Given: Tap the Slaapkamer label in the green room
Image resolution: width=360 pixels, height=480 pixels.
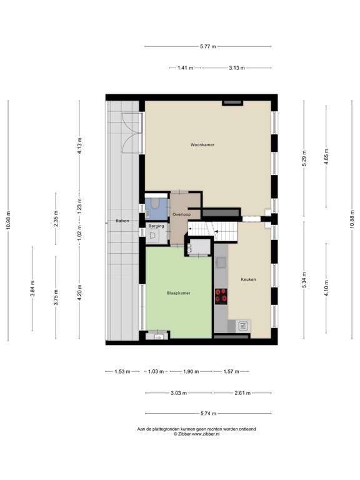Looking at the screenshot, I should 178,292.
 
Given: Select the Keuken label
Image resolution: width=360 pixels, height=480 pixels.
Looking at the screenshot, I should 249,279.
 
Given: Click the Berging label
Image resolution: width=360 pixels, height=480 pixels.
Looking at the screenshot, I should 156,226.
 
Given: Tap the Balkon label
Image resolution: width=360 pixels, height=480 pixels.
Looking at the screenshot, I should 122,221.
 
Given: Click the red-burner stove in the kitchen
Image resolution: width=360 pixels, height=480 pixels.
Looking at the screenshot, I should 221,295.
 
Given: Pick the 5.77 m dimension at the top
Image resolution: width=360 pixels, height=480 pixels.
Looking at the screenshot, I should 207,46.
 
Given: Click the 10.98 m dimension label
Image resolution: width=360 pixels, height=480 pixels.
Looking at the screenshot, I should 8,219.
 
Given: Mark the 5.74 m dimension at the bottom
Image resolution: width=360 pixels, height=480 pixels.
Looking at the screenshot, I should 207,413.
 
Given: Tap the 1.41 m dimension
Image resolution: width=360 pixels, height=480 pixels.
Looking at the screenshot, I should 186,67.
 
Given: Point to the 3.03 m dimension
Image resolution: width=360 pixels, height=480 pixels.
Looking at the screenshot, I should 177,392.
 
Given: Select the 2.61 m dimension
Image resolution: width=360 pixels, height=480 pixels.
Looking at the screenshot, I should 242,392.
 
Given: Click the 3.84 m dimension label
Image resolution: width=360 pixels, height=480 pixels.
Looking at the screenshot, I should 32,293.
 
